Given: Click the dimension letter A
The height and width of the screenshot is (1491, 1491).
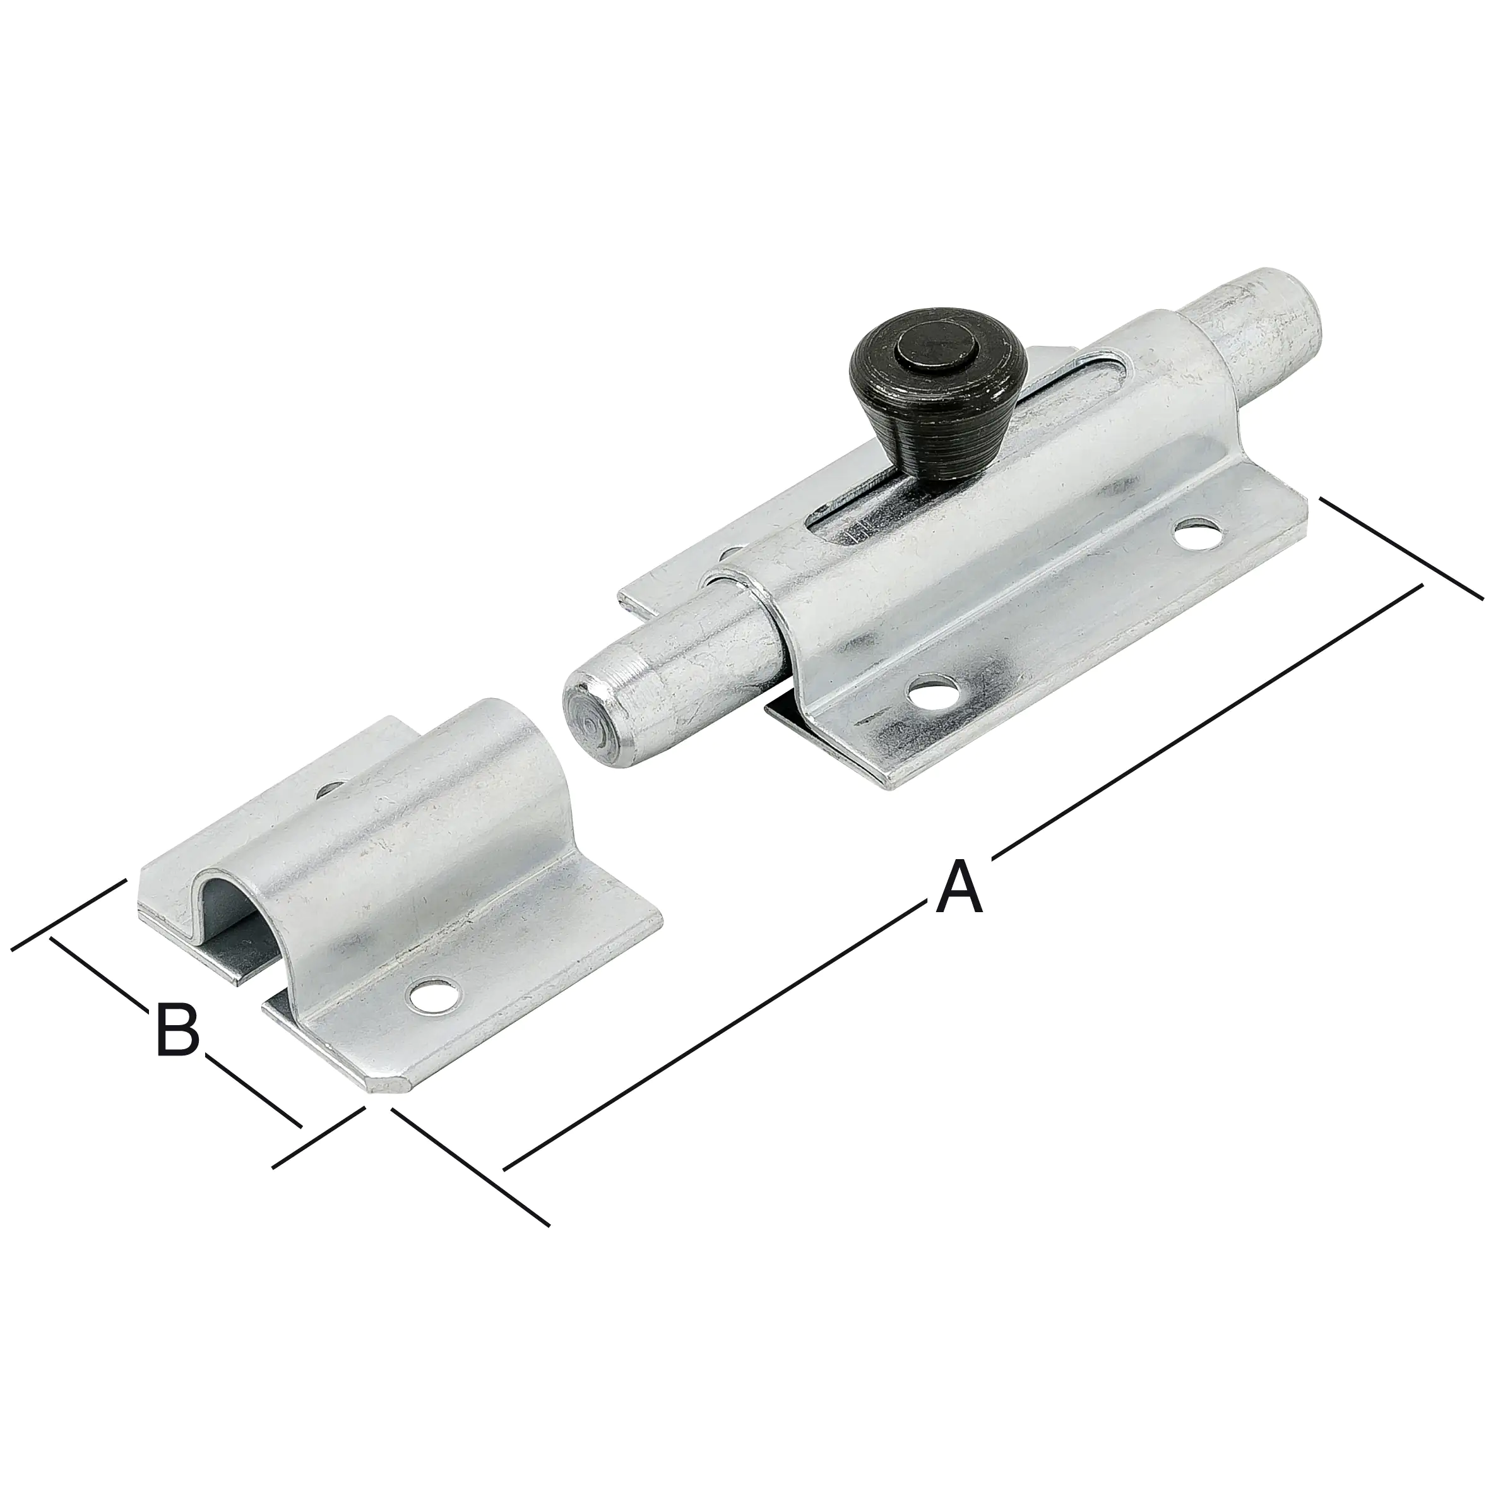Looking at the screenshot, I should (x=958, y=888).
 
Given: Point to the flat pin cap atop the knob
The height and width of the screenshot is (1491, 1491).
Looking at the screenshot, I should (x=936, y=352).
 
